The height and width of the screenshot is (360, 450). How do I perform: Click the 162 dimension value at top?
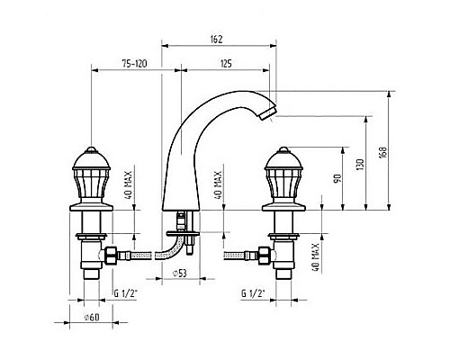click(x=216, y=40)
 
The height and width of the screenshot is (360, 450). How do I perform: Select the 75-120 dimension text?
click(x=134, y=64)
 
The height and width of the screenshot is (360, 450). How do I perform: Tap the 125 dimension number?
click(x=226, y=64)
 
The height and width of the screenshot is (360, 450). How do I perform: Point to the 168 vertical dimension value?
click(x=383, y=153)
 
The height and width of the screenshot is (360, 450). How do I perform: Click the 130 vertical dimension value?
click(x=360, y=165)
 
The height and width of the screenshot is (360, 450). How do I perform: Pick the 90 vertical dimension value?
click(x=337, y=179)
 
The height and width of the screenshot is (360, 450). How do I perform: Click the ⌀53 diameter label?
click(x=180, y=273)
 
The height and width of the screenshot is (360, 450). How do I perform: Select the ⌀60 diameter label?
click(x=92, y=317)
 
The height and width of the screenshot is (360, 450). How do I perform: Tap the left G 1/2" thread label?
click(x=125, y=293)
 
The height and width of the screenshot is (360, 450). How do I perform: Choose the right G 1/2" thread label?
click(x=253, y=293)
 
